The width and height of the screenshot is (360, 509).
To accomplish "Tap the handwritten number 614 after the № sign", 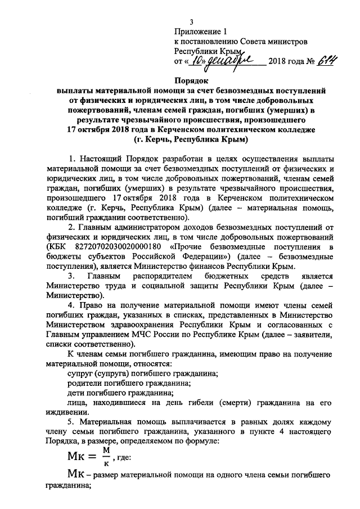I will (x=308, y=60).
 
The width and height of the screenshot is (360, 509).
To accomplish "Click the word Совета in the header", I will (x=242, y=42).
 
